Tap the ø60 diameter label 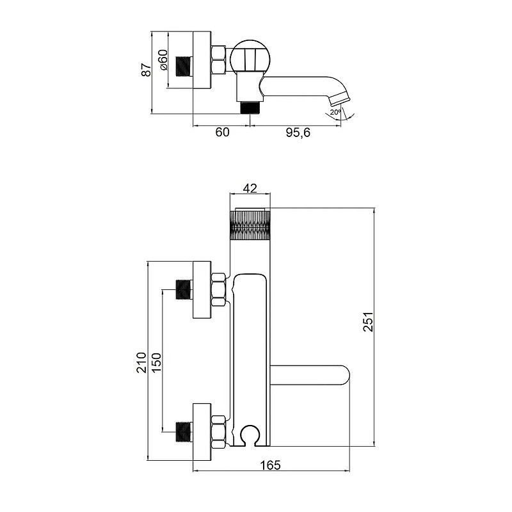(x=163, y=60)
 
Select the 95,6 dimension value (x=298, y=132)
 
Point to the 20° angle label (x=335, y=112)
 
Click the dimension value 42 (x=250, y=188)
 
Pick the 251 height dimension (x=369, y=322)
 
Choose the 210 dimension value (x=141, y=363)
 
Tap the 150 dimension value (x=156, y=363)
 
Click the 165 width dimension (x=271, y=465)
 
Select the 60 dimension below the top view (x=222, y=132)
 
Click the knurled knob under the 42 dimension (x=250, y=225)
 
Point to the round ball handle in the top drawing (x=250, y=56)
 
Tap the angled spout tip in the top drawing (x=340, y=99)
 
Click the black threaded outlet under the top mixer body (x=250, y=108)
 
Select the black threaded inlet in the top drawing (x=184, y=67)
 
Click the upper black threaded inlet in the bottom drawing (x=184, y=290)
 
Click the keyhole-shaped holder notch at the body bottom (x=250, y=436)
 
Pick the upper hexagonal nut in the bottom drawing (x=218, y=290)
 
